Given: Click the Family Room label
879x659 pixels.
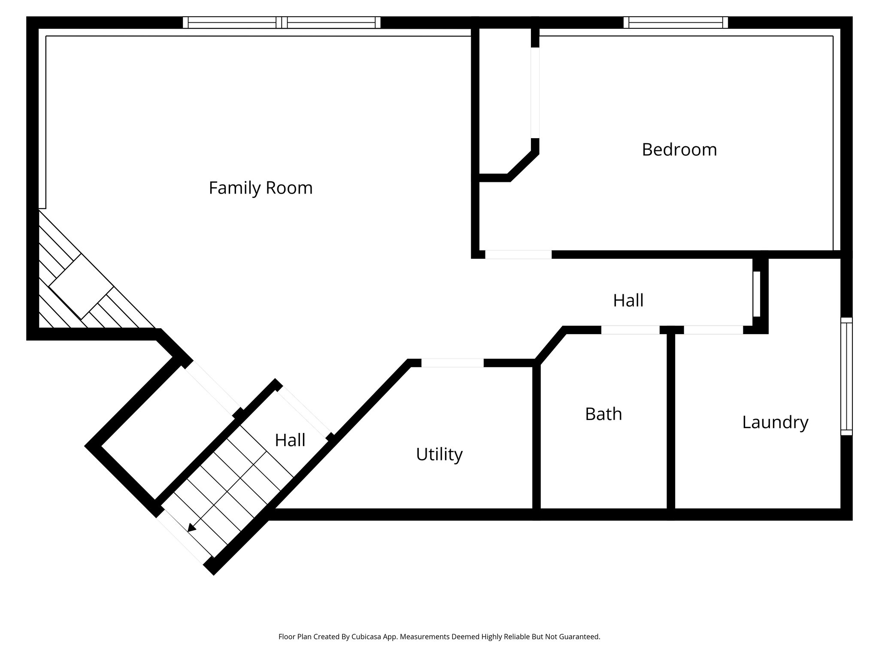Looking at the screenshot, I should point(261,188).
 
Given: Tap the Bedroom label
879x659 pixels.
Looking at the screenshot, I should point(679,150).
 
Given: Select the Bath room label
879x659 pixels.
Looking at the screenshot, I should point(603,414).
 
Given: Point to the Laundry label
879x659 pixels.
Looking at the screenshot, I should point(775,422).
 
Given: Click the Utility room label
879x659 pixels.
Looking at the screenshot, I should point(439,454).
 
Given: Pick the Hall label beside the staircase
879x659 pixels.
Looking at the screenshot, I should point(290,440).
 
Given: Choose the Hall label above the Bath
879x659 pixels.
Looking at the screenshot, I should point(628,300).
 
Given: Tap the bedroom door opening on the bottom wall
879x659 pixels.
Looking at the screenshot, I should point(518,254).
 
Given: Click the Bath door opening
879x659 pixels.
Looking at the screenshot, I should point(630,330).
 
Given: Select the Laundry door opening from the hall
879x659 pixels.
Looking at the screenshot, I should point(713,330).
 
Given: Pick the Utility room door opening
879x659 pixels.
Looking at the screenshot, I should point(452,363).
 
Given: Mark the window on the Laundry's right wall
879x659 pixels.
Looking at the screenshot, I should point(846,376).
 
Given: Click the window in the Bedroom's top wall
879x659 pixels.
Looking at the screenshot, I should point(676,22).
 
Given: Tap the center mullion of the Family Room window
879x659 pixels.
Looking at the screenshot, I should point(282,22).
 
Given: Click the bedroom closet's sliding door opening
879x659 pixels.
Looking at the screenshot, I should point(535,92).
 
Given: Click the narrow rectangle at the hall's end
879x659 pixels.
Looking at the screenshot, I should point(757,294).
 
